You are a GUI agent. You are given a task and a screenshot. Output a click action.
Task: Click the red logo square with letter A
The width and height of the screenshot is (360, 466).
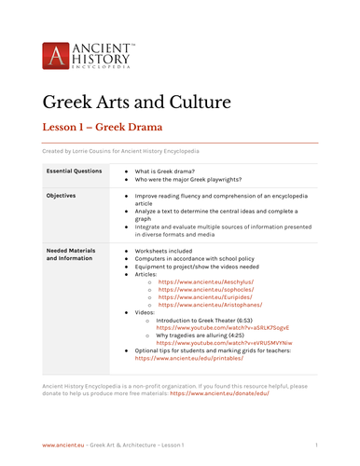tap(55, 54)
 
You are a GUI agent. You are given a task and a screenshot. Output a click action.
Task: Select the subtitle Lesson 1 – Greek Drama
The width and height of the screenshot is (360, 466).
tap(103, 125)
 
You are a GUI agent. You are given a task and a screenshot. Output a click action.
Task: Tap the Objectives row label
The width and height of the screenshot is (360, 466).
tap(62, 196)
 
